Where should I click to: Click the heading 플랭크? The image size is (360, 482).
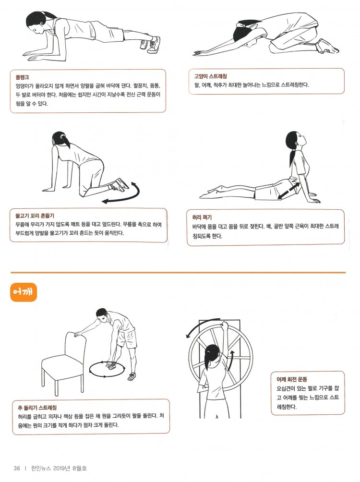pos(22,77)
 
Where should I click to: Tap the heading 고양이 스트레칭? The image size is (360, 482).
pos(210,76)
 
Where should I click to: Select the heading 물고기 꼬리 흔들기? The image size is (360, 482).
pos(35,216)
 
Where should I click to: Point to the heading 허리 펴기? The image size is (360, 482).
pos(202,217)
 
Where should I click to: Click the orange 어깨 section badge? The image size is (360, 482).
pos(24,292)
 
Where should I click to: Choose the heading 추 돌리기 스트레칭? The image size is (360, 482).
pos(37,408)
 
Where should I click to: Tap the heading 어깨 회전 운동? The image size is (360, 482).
pos(292,379)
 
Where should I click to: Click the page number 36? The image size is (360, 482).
pos(17,468)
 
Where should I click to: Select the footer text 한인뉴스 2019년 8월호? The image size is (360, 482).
pos(59,468)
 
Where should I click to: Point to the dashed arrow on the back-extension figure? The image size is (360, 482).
pos(288,191)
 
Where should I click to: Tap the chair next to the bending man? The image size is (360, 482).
pos(64,363)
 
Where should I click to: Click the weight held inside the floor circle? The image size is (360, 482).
pos(110,366)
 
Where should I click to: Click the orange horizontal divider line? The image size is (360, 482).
pos(178,272)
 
